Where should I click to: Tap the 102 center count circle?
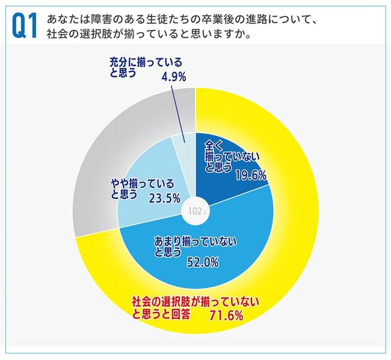(194, 212)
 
